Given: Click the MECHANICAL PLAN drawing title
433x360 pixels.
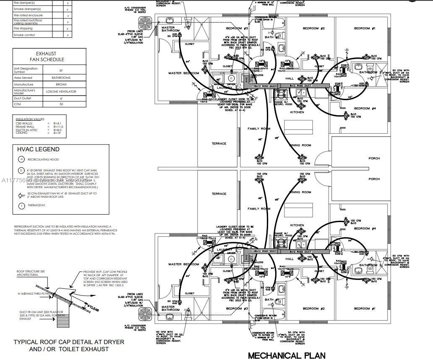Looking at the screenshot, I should [x=287, y=355].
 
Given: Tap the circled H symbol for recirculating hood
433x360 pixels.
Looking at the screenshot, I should [x=21, y=159].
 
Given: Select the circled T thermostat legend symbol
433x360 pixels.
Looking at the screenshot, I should [x=21, y=206].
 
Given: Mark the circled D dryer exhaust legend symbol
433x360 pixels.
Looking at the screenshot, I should [x=21, y=171].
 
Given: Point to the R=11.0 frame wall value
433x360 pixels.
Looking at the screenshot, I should [x=58, y=127].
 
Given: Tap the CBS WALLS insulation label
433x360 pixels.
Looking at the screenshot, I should [x=23, y=123].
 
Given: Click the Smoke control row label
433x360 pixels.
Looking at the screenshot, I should [x=24, y=35].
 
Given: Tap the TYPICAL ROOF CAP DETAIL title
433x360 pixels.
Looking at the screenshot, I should [x=69, y=345].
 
